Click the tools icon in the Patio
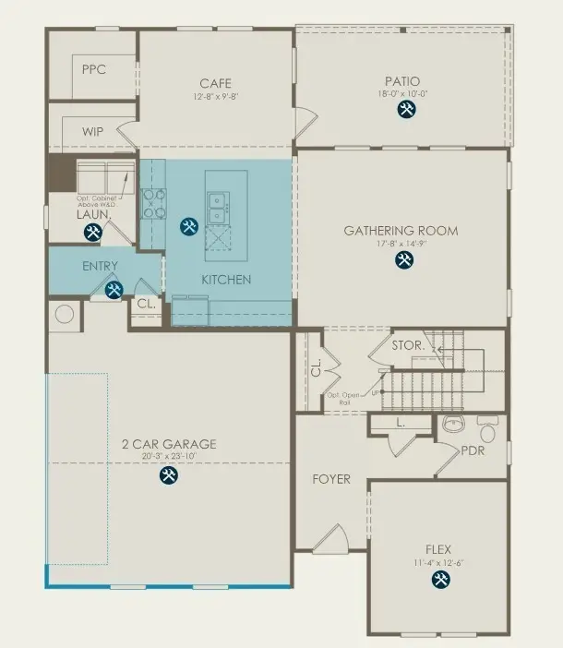coord(406,110)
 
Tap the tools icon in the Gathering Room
coord(404,260)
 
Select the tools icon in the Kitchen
coord(189,226)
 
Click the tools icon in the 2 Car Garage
coord(169,474)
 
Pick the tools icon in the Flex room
coord(438,579)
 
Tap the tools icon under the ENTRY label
coord(114,291)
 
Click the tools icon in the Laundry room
coord(92,234)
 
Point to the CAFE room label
coord(215,84)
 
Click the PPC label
coord(93,69)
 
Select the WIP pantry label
coord(92,132)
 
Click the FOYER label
coord(330,480)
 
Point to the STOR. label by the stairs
coord(407,346)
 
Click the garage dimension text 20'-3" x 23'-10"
coord(168,456)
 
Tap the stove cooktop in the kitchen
coord(152,204)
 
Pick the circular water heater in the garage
coord(65,314)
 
